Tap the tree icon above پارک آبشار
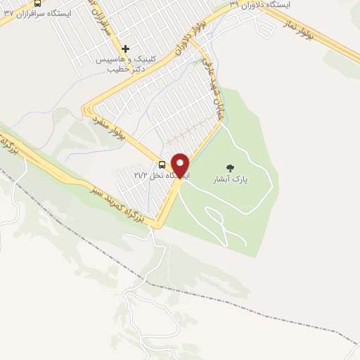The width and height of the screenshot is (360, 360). pyautogui.click(x=231, y=168)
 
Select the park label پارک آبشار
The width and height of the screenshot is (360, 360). pyautogui.click(x=231, y=181)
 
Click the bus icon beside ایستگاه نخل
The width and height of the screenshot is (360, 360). pyautogui.click(x=162, y=164)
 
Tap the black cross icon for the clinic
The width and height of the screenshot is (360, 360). pyautogui.click(x=126, y=49)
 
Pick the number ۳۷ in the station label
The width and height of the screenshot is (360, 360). pyautogui.click(x=8, y=13)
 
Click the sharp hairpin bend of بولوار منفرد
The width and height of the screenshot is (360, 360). pyautogui.click(x=85, y=109)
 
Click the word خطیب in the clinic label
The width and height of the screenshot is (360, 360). pyautogui.click(x=120, y=70)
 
